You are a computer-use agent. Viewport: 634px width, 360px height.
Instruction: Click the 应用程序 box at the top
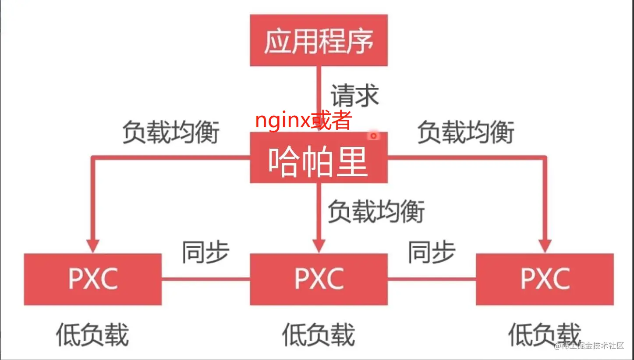click(319, 40)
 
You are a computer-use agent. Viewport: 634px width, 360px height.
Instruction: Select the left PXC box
click(92, 279)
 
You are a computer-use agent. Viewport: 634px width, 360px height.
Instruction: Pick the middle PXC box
click(319, 279)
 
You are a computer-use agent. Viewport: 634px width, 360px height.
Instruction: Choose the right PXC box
click(545, 279)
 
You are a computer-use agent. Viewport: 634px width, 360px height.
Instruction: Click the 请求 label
click(354, 95)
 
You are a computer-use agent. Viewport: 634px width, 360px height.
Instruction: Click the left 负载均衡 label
click(170, 132)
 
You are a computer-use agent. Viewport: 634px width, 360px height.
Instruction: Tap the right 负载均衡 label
click(465, 132)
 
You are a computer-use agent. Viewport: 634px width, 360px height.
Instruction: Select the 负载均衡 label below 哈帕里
click(376, 211)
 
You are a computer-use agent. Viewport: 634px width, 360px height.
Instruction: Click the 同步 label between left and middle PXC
click(205, 252)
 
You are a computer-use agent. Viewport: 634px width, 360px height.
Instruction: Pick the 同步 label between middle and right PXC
click(432, 252)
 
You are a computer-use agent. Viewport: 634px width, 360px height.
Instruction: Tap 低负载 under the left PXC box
click(92, 335)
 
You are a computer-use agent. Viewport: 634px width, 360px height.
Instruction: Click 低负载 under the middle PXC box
click(319, 335)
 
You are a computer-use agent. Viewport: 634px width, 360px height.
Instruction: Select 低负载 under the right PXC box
click(545, 335)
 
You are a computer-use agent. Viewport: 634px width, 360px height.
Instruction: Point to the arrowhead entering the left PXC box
click(92, 246)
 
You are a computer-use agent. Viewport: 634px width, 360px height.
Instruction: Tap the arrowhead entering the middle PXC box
click(319, 246)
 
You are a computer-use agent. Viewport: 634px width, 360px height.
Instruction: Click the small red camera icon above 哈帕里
click(373, 136)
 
